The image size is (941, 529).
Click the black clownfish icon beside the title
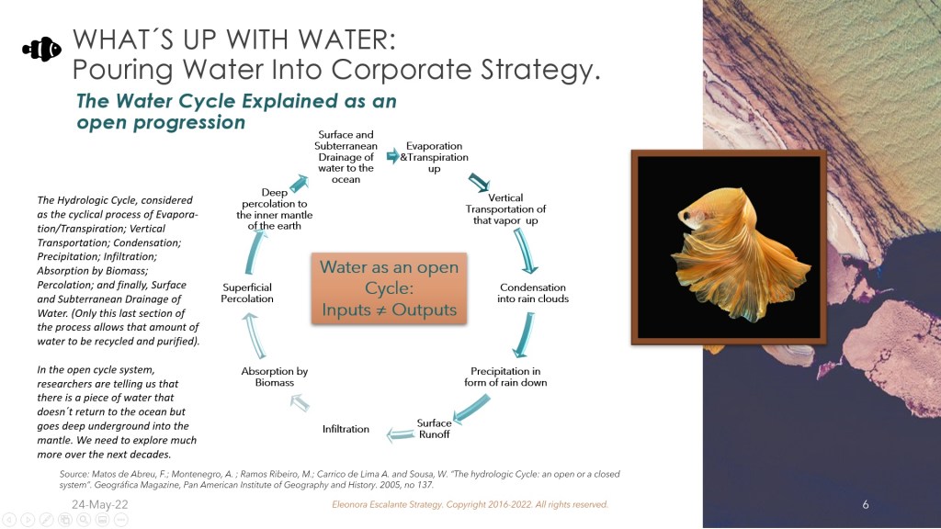point(42,50)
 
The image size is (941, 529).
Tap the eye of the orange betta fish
point(686,213)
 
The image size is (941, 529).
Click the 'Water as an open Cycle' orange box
point(389,288)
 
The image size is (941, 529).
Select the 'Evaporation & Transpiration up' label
point(434,157)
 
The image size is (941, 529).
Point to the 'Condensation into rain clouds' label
point(533,293)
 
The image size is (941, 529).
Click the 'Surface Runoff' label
point(434,428)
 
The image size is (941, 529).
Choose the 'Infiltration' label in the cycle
point(346,429)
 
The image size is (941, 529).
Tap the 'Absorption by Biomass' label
point(274,377)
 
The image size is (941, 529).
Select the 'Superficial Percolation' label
point(246,293)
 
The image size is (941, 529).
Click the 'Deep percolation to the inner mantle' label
point(274,208)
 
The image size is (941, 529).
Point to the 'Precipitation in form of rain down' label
point(505,377)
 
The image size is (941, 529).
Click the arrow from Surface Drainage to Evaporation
point(392,156)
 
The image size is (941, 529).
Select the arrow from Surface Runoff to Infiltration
point(401,434)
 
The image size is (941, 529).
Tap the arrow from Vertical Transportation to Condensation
point(525,251)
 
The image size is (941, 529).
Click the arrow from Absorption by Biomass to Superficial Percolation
point(254,335)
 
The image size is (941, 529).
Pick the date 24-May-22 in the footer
point(99,504)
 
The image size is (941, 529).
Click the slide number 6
point(866,504)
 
